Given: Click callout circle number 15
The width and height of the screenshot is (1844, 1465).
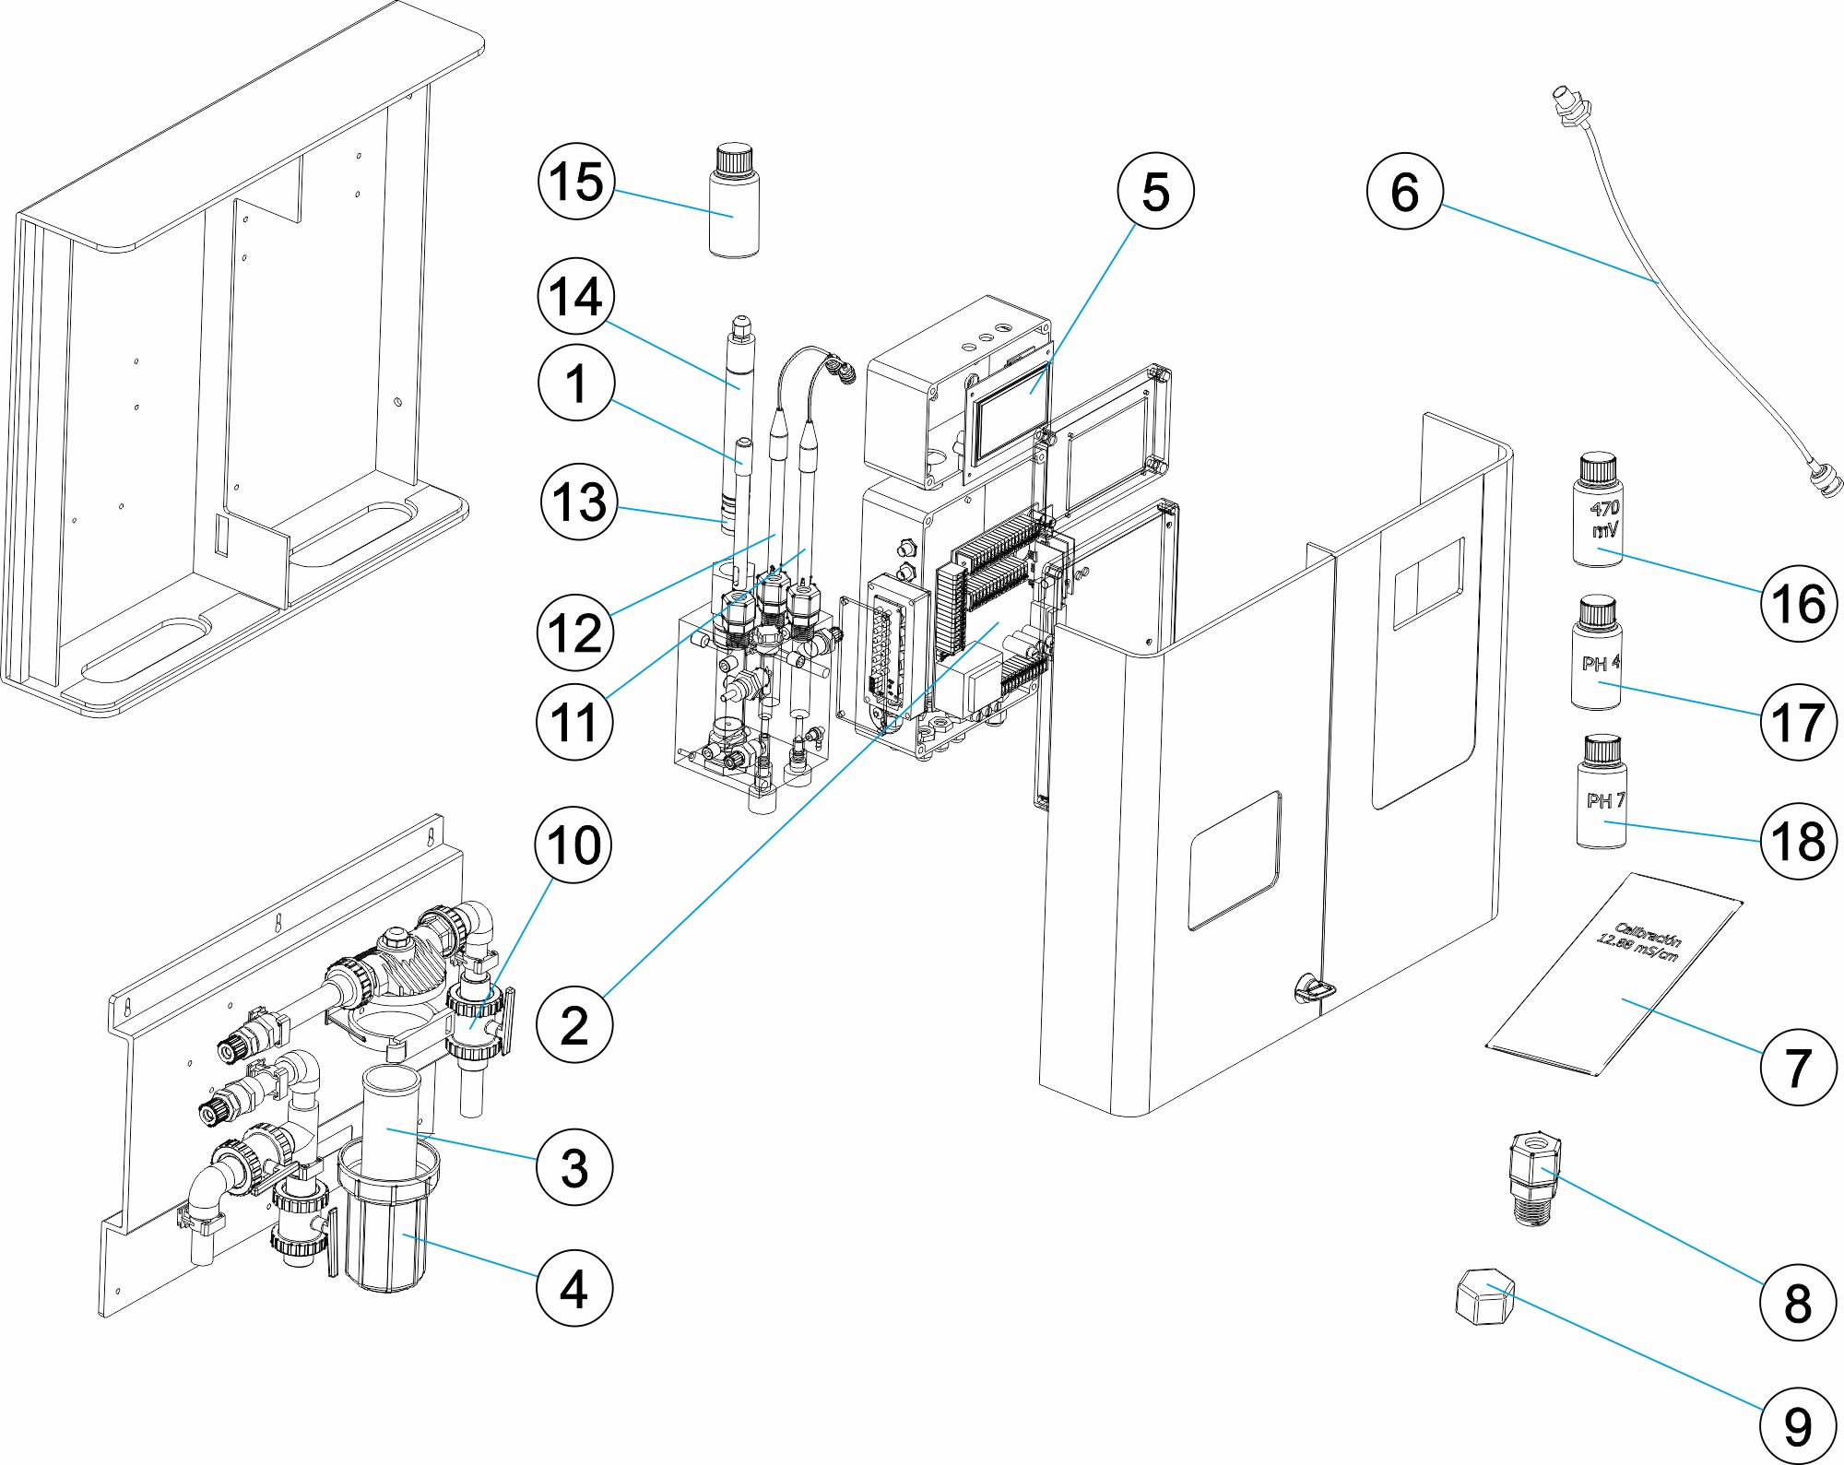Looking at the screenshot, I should (575, 181).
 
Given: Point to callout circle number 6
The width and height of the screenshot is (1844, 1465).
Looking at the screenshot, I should (1404, 191).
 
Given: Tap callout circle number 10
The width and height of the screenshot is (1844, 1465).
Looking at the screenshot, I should (573, 845).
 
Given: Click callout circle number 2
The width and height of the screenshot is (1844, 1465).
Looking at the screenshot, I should (573, 1024).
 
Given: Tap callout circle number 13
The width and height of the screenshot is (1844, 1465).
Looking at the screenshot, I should (578, 502).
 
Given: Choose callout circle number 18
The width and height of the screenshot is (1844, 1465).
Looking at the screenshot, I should (1798, 841).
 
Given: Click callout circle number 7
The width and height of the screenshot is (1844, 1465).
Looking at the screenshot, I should (1798, 1067).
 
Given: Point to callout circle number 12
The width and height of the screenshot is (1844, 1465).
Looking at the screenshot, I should (573, 632).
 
